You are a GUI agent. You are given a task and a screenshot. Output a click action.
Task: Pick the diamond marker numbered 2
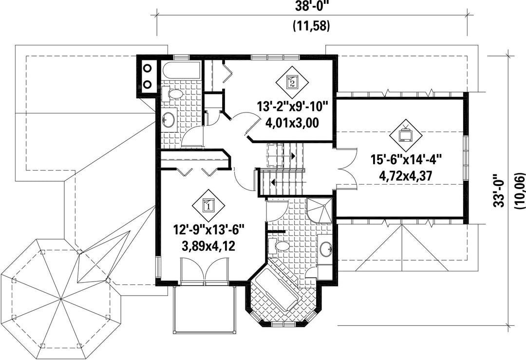[x=292, y=81]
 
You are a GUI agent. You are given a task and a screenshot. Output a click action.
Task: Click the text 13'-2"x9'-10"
[x=292, y=108]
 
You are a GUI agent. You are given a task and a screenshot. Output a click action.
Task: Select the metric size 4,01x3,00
[x=292, y=123]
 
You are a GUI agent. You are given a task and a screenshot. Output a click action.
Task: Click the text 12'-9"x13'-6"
[x=208, y=231]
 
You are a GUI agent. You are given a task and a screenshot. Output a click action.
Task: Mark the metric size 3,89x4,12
[x=208, y=246]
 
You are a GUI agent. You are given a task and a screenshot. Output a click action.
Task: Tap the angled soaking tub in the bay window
[x=275, y=286]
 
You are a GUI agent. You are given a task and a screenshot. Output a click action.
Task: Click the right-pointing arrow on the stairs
[x=293, y=156]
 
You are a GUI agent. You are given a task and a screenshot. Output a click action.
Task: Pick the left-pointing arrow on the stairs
[x=273, y=183]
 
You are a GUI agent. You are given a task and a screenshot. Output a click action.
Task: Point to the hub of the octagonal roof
[x=61, y=298]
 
